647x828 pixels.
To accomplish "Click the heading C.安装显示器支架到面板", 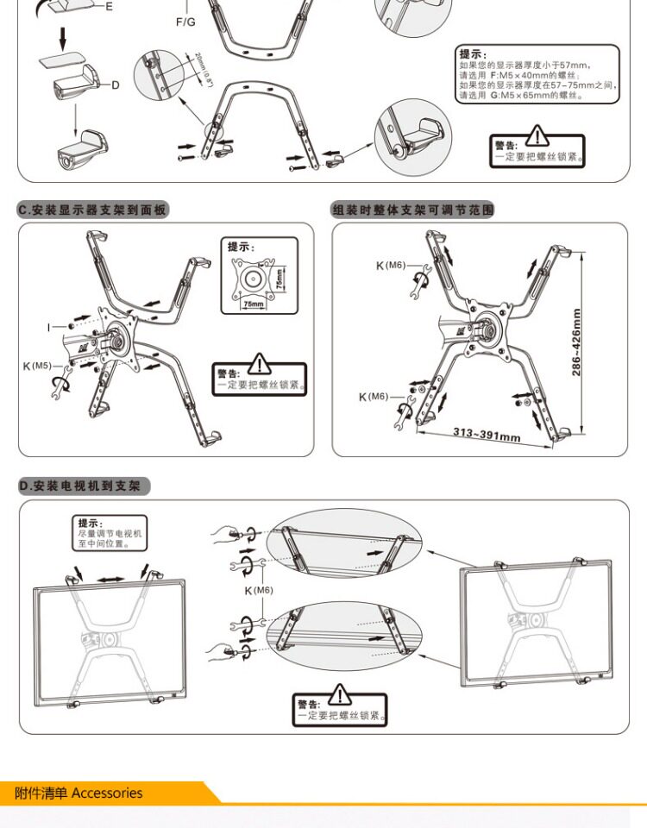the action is pos(93,210).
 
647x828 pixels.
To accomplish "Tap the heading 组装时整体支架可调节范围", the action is pos(413,210).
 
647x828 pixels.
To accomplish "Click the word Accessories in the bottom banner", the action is pos(107,793).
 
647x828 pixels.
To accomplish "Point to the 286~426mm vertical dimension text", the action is pos(576,342).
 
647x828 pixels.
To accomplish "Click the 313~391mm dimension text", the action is pos(487,433).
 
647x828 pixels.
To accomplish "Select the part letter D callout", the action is pos(115,85).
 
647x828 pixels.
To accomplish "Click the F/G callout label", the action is pos(185,21).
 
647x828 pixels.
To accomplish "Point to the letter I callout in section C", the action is pos(50,327).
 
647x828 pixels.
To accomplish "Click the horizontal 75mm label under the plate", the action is pos(254,304).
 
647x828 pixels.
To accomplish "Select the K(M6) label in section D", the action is pos(258,590).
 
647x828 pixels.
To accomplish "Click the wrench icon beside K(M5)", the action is pos(60,386).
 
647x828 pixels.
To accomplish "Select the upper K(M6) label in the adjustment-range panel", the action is pos(390,266).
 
